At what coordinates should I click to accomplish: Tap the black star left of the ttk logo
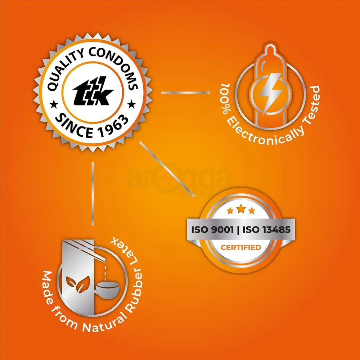tap(54, 105)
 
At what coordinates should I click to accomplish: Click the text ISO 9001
tap(212, 229)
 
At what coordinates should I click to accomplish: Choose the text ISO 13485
tap(266, 229)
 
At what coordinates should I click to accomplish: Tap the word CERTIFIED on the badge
tap(241, 247)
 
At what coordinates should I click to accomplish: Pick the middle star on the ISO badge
tap(241, 209)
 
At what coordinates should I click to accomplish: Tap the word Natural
tap(104, 323)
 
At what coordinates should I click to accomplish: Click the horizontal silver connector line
tap(185, 93)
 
